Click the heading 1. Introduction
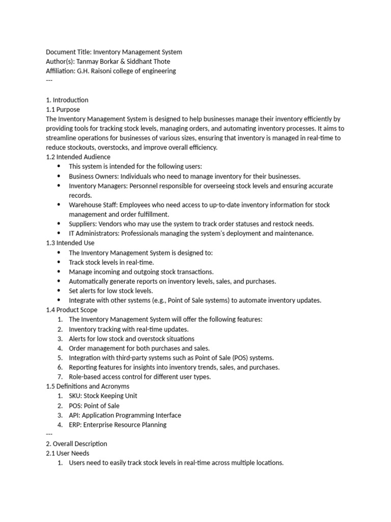[x=67, y=100]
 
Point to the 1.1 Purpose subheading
[x=63, y=110]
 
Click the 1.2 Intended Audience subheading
[x=78, y=157]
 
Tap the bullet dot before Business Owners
[x=59, y=176]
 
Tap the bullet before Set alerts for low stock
[x=59, y=291]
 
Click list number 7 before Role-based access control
[x=60, y=377]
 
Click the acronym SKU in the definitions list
[x=75, y=396]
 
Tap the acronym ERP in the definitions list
[x=75, y=425]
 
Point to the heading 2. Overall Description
[x=76, y=444]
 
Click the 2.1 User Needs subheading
[x=67, y=453]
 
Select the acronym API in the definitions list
[x=74, y=415]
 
